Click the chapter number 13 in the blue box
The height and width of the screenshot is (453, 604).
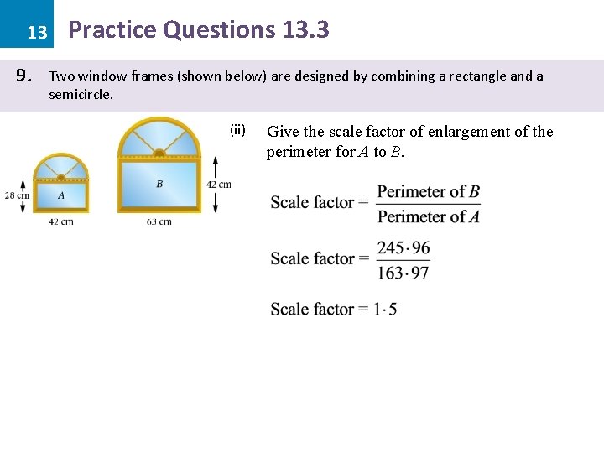[36, 33]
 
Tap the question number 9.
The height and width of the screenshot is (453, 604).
[24, 76]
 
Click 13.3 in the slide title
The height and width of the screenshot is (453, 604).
[305, 30]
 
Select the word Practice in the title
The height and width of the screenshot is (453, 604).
[112, 30]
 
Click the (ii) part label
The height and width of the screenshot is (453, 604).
[237, 129]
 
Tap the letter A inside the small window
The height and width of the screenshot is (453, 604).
[60, 195]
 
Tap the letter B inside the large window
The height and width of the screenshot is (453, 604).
[159, 184]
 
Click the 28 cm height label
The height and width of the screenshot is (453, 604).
[16, 195]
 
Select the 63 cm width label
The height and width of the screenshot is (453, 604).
[159, 221]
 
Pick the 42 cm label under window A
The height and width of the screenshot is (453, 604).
[60, 221]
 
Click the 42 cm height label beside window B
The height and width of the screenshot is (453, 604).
[218, 185]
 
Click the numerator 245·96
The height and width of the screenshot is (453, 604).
[404, 247]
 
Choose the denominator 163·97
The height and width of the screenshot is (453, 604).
[404, 272]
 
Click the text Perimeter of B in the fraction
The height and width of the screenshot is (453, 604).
[428, 191]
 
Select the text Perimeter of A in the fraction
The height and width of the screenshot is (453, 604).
[428, 216]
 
